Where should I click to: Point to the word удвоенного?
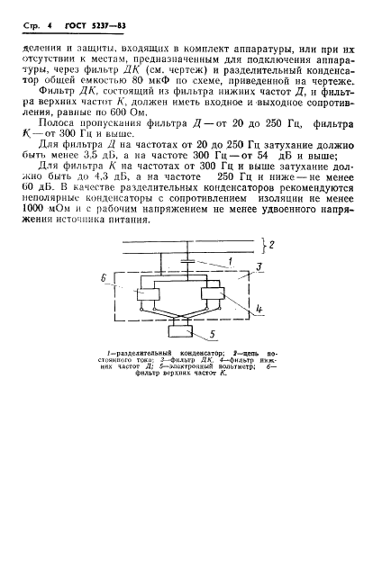(x=288, y=241)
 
